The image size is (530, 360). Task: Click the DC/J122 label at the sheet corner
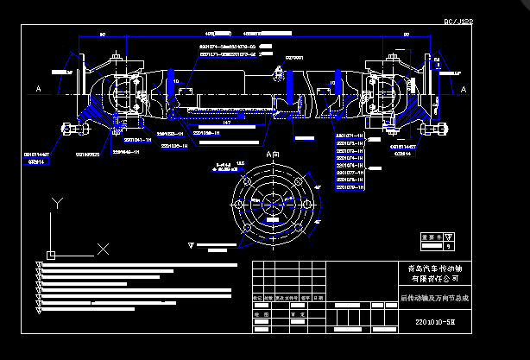click(458, 22)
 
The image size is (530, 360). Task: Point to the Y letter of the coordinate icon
click(56, 203)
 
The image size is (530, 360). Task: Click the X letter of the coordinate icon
click(103, 249)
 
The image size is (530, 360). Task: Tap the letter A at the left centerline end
click(39, 88)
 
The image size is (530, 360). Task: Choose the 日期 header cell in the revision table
click(319, 298)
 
